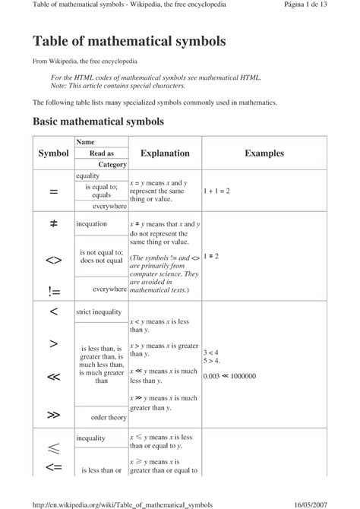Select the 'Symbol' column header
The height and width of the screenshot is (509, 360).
coord(53,153)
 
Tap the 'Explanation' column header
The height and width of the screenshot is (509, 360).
coord(165,153)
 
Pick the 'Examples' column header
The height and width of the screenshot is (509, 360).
coord(264,153)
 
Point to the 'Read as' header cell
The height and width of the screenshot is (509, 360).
coord(102,153)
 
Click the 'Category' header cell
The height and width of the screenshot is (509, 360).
coord(112,164)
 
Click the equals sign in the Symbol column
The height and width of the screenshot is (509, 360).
coord(53,192)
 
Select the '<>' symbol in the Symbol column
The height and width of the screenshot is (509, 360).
coord(53,261)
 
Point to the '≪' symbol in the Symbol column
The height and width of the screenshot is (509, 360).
coord(53,376)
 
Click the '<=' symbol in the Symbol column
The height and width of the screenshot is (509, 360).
coord(53,467)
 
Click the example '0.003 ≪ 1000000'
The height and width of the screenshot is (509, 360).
coord(229,376)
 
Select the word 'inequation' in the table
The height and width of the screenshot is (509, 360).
coord(92,225)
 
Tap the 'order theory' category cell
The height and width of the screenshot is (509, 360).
coord(109,417)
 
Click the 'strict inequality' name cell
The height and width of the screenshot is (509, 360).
coord(99,311)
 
